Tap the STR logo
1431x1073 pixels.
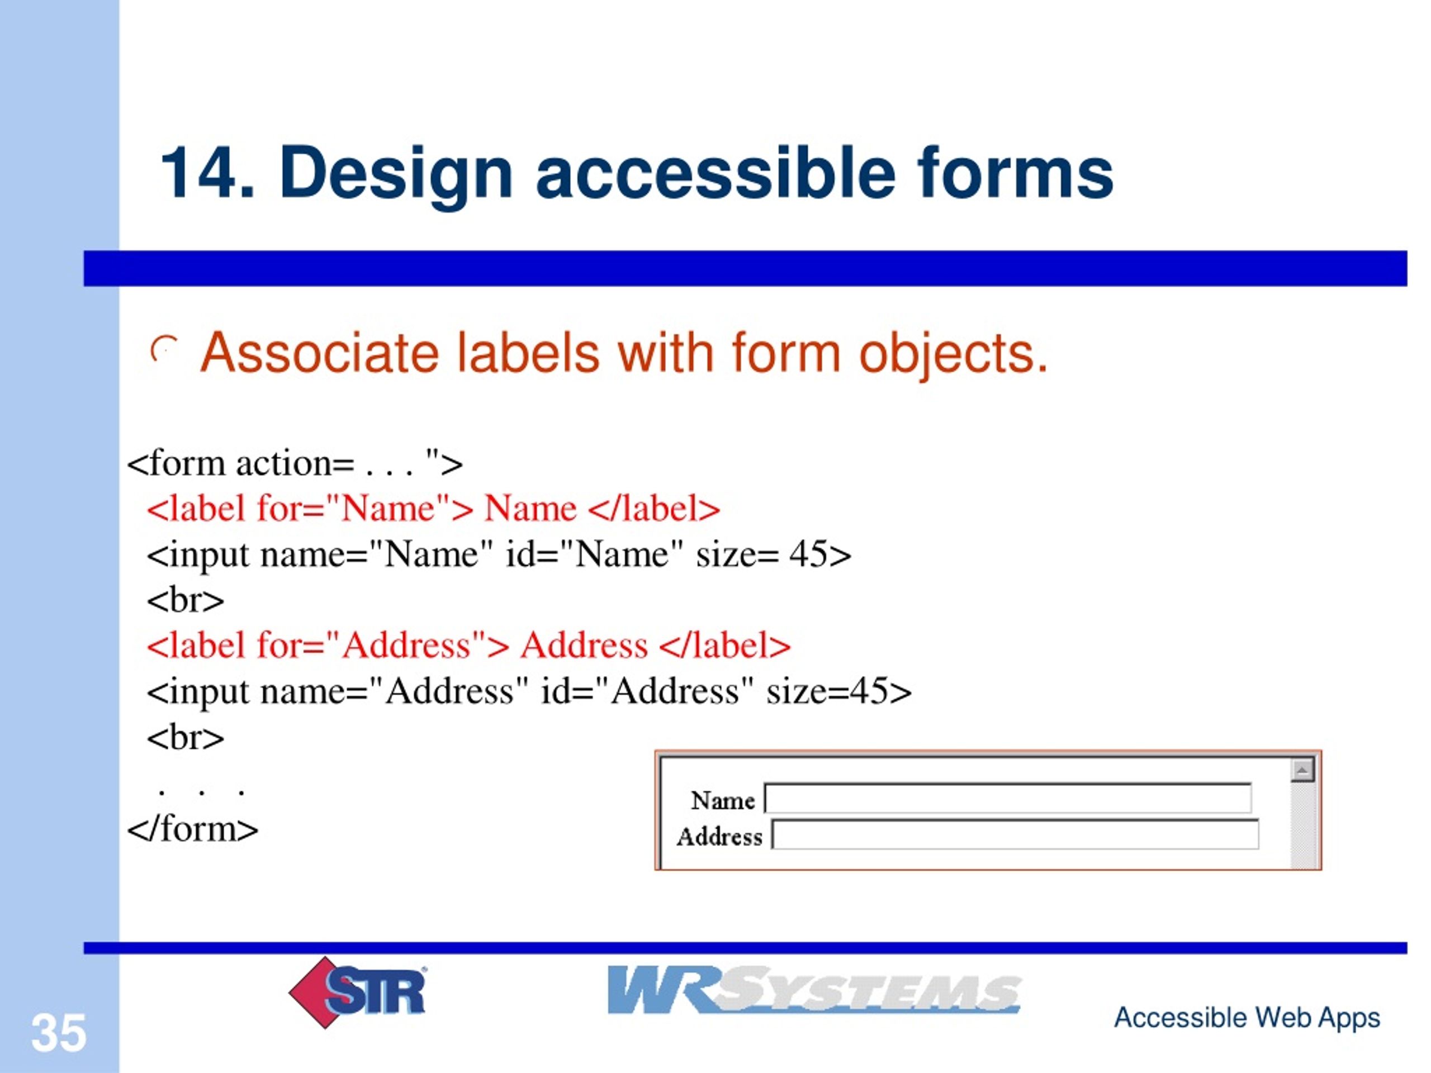[x=358, y=991]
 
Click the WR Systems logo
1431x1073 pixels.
[x=813, y=990]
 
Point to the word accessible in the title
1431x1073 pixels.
[x=715, y=173]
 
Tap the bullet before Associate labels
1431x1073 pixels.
[x=164, y=351]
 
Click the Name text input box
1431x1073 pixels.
[x=1007, y=798]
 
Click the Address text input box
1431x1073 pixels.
[x=1015, y=834]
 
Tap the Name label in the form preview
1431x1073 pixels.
[x=722, y=801]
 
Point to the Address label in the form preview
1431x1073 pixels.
[x=719, y=837]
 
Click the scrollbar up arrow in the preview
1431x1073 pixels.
[x=1302, y=770]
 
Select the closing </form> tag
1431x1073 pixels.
[x=193, y=829]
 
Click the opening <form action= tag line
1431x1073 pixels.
[x=295, y=464]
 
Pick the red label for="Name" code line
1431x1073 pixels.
[x=433, y=509]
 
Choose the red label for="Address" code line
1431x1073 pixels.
[x=468, y=645]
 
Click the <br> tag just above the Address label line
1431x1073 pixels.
[x=186, y=600]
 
